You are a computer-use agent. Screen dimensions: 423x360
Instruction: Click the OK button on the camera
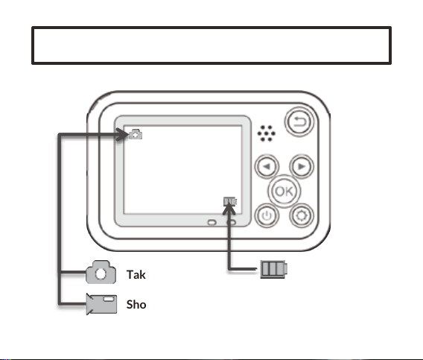pyautogui.click(x=284, y=192)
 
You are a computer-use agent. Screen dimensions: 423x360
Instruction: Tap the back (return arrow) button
pyautogui.click(x=299, y=121)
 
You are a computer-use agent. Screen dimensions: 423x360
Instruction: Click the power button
pyautogui.click(x=267, y=215)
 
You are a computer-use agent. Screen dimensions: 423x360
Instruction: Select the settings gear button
pyautogui.click(x=302, y=215)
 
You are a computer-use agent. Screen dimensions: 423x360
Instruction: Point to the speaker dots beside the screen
pyautogui.click(x=267, y=133)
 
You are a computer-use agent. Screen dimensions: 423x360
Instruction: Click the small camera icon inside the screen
pyautogui.click(x=136, y=134)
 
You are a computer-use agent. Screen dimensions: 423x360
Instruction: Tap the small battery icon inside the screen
pyautogui.click(x=230, y=201)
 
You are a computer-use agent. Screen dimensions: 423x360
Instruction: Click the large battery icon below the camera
pyautogui.click(x=274, y=269)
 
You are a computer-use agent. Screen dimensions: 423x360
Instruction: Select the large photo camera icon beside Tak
pyautogui.click(x=101, y=272)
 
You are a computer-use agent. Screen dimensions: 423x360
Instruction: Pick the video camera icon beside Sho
pyautogui.click(x=101, y=304)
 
